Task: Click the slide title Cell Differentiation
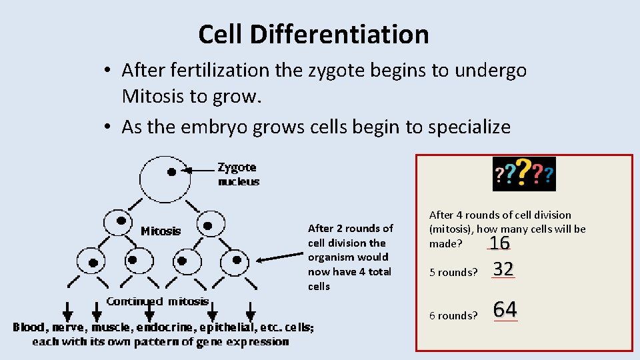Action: click(313, 34)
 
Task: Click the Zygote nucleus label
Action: click(238, 174)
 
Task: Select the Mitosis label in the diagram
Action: click(161, 231)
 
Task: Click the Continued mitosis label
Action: click(158, 301)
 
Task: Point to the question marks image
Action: click(523, 174)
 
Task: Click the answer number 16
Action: click(499, 243)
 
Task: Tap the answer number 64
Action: click(505, 309)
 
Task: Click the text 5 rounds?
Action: click(453, 272)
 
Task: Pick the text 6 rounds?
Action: click(453, 315)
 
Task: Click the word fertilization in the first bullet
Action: click(221, 70)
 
